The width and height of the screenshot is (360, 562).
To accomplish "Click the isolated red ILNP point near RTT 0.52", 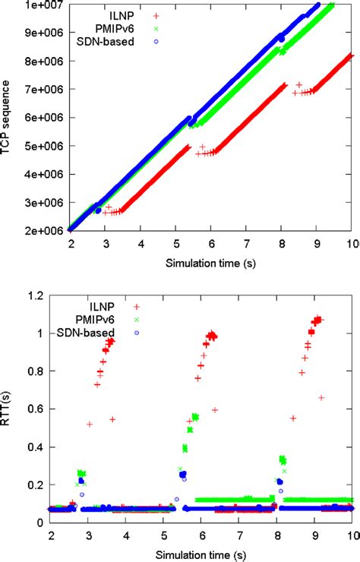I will (90, 424).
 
